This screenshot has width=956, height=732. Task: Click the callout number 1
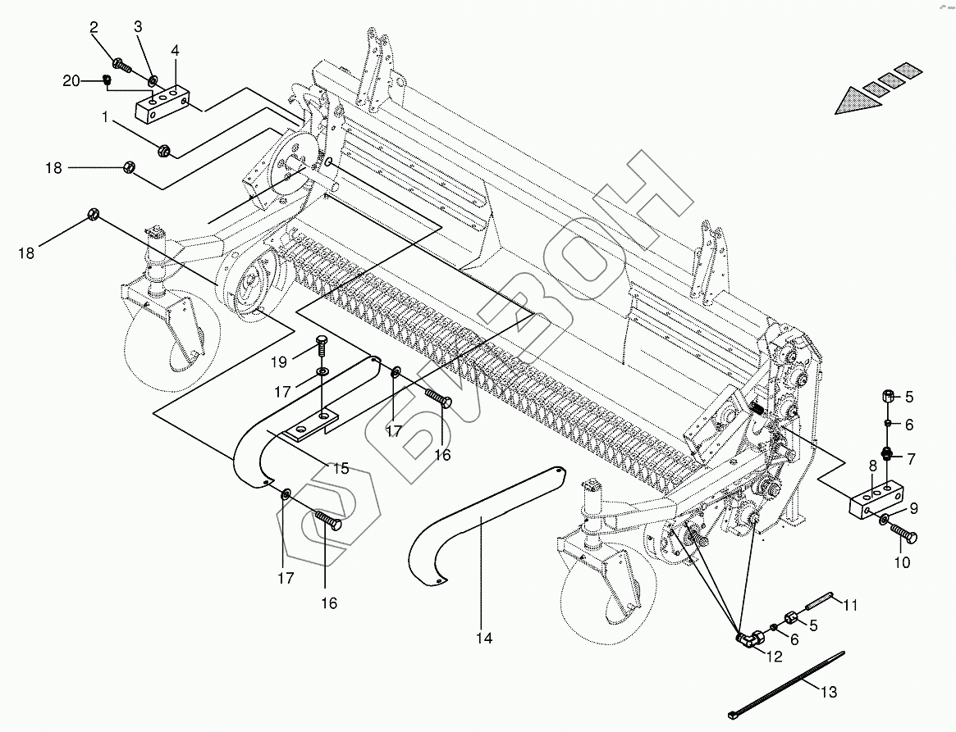click(105, 117)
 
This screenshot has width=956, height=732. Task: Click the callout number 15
click(341, 469)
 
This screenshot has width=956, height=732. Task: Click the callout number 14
click(485, 639)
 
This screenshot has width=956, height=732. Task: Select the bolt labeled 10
click(903, 536)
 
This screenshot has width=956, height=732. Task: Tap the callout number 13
click(829, 693)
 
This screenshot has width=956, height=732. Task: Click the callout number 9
click(913, 508)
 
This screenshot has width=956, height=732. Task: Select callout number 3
click(138, 27)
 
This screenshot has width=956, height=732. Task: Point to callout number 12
click(775, 656)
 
